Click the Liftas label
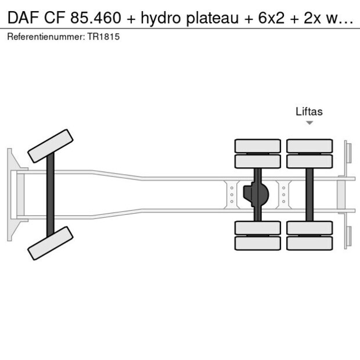click(x=309, y=111)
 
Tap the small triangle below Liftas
click(x=309, y=123)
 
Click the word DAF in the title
click(x=23, y=18)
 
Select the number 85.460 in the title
click(x=95, y=18)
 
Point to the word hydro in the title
click(x=161, y=19)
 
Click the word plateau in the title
click(x=213, y=19)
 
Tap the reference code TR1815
click(x=103, y=37)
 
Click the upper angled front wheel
click(x=51, y=146)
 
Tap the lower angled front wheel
click(x=51, y=243)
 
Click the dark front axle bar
click(x=51, y=195)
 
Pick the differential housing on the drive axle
click(x=255, y=195)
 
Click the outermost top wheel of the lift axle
click(x=309, y=146)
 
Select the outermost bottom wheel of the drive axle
click(x=258, y=243)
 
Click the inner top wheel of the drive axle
click(x=258, y=161)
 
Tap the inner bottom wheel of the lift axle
click(x=309, y=228)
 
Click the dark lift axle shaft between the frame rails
click(x=309, y=195)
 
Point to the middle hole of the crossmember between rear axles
click(x=284, y=195)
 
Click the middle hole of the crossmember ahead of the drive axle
click(x=232, y=195)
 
